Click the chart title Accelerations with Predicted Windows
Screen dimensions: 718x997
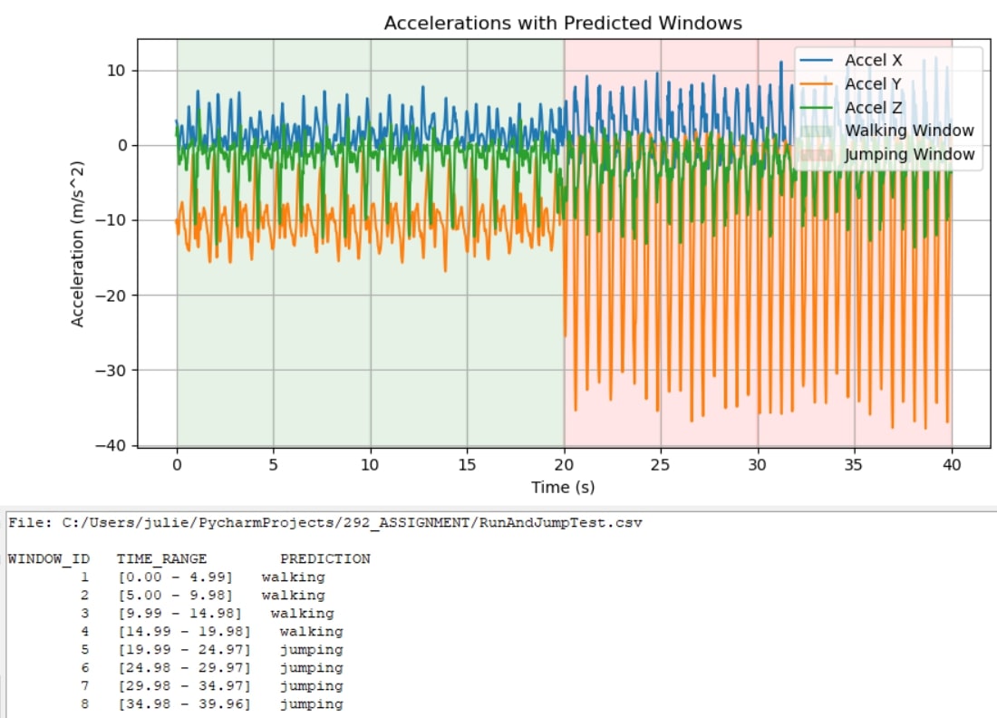[563, 23]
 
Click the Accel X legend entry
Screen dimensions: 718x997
[873, 61]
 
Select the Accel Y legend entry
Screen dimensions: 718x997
[873, 84]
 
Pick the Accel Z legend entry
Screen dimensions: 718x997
[873, 108]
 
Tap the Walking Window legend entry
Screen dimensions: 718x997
[909, 131]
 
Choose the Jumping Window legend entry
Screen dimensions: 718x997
[909, 155]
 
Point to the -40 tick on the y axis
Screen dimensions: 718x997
[117, 445]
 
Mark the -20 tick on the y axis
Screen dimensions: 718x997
[117, 296]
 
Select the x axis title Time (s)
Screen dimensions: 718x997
[563, 488]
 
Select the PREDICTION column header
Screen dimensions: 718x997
[324, 559]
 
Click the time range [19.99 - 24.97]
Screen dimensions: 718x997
[184, 650]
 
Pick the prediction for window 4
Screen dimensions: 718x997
[311, 632]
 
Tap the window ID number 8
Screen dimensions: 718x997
[84, 704]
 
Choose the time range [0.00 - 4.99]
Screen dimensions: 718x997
[175, 577]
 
